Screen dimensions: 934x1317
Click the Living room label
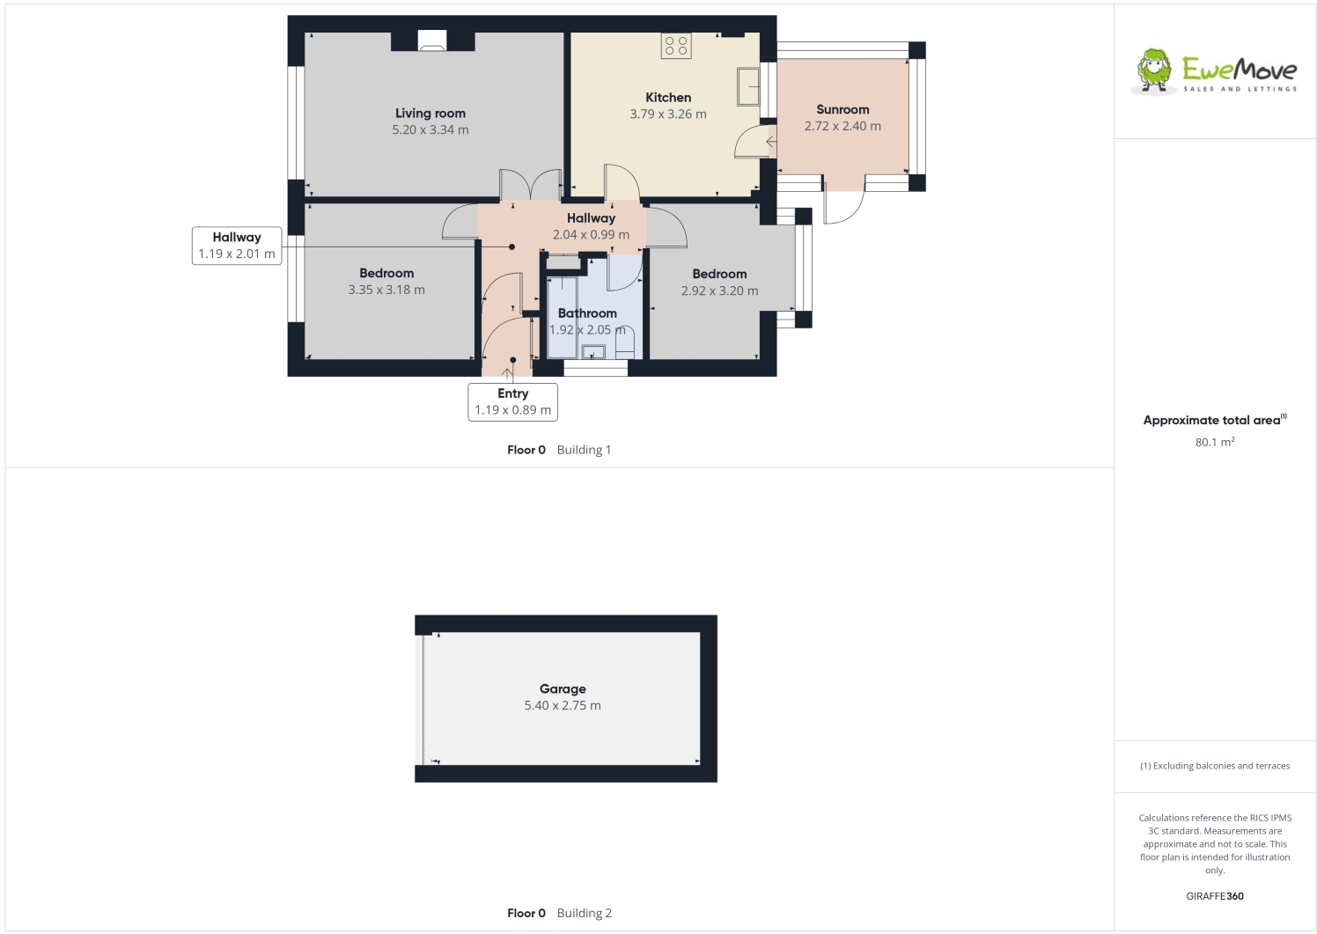point(430,113)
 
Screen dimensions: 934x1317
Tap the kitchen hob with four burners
point(676,46)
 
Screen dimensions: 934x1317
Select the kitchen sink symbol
point(747,87)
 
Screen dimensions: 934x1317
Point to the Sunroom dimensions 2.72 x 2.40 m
point(842,126)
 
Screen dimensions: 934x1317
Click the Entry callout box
point(512,401)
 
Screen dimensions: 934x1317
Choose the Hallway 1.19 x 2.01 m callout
point(236,246)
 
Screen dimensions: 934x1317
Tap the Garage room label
point(563,688)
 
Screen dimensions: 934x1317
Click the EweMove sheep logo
point(1153,70)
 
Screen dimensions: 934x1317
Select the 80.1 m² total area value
point(1214,442)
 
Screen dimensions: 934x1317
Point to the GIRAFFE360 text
point(1214,896)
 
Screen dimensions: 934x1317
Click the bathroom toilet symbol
point(624,344)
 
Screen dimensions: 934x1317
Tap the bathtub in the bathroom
point(561,318)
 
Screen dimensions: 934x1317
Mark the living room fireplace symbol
point(431,40)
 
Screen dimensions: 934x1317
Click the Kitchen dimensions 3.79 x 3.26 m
point(667,114)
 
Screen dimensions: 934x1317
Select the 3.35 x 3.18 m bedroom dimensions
point(386,290)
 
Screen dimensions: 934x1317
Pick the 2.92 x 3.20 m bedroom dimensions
point(718,290)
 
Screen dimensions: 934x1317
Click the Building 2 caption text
point(584,913)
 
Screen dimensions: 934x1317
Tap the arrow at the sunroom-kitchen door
point(770,141)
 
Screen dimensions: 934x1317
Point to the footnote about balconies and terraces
point(1214,766)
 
